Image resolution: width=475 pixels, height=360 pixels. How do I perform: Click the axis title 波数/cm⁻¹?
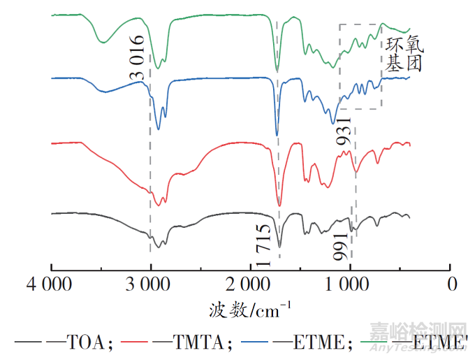(249, 308)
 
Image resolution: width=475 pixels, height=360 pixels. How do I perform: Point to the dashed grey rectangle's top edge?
(360, 24)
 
